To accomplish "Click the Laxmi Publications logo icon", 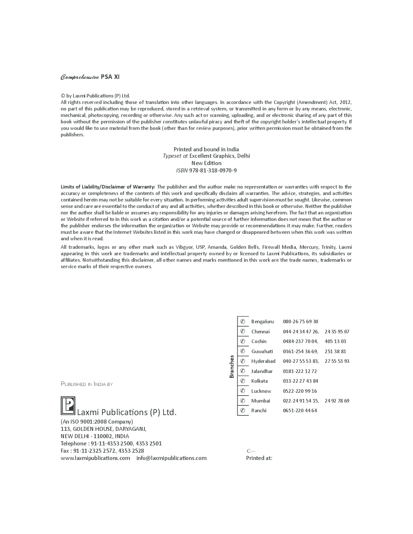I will click(x=68, y=406).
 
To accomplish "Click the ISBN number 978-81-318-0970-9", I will click(x=213, y=170).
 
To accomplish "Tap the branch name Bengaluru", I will click(x=262, y=322).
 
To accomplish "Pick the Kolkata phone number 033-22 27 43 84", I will click(x=300, y=381).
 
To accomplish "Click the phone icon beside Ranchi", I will click(x=243, y=411).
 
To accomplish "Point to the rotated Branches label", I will click(x=232, y=367).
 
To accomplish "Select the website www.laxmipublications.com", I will click(x=96, y=458).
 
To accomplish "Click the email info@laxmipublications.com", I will click(x=171, y=458).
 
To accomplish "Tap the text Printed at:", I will click(x=259, y=458).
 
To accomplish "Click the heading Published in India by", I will click(x=87, y=384).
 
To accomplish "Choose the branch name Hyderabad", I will click(x=263, y=361).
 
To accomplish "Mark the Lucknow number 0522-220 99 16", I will click(x=300, y=391).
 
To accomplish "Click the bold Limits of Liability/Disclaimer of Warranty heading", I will click(x=108, y=187).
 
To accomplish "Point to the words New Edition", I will click(x=206, y=163).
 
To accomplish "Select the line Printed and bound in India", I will click(x=206, y=149).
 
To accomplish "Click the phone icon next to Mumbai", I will click(x=243, y=401).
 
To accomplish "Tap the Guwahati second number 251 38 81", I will click(x=335, y=352).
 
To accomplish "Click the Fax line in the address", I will click(x=102, y=451).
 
